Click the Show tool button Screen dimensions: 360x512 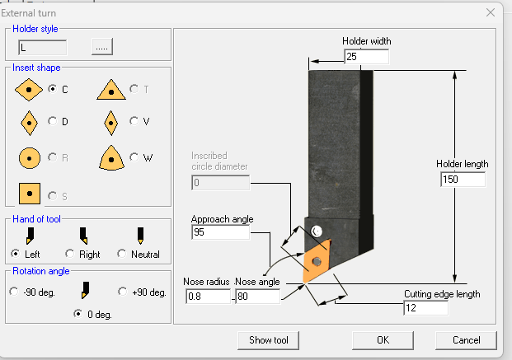(x=274, y=339)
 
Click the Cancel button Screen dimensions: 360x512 (x=466, y=339)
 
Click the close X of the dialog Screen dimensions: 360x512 (x=491, y=12)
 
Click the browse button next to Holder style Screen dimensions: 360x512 (x=102, y=47)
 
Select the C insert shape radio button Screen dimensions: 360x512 (x=54, y=89)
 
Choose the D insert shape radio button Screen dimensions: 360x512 (x=54, y=121)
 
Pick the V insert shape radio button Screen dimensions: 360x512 (x=134, y=121)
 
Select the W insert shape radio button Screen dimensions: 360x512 (x=134, y=157)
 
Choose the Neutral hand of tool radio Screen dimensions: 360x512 (x=123, y=254)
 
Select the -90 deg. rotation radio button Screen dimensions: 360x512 (x=14, y=292)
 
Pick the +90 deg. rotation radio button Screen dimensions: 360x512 (x=123, y=292)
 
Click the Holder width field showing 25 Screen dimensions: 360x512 (x=366, y=57)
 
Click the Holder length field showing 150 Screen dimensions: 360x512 (x=463, y=180)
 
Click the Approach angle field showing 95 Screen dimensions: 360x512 (x=219, y=233)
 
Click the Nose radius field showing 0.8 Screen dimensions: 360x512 (x=208, y=296)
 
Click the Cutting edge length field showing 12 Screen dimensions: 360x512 (x=425, y=308)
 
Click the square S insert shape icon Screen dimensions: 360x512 (x=30, y=194)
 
